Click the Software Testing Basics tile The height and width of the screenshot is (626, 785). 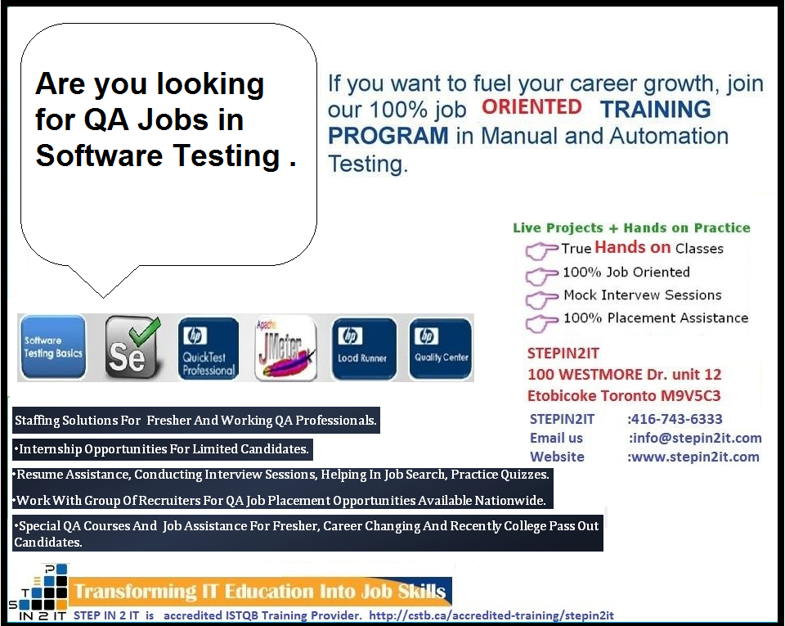pos(53,347)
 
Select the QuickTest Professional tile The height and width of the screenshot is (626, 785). pos(208,349)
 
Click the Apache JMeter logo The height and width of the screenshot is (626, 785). pos(285,349)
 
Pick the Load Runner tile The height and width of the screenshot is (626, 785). pos(363,349)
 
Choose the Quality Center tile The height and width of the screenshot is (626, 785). pos(441,349)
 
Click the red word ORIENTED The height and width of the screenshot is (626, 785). pos(532,106)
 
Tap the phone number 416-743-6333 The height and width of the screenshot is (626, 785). pos(675,419)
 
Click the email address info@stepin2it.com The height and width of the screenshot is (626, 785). pos(695,438)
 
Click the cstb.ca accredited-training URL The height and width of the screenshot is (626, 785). pos(491,615)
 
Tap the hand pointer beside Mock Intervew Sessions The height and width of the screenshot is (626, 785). pos(541,297)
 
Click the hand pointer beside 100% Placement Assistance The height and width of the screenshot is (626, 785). pos(541,320)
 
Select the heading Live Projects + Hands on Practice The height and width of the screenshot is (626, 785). pos(631,228)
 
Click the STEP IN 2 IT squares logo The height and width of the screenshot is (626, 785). pos(38,591)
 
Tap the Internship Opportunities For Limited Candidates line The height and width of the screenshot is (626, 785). pos(163,448)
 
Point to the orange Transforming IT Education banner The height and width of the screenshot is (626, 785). pos(260,591)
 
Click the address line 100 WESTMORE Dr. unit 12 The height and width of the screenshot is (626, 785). pos(625,375)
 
